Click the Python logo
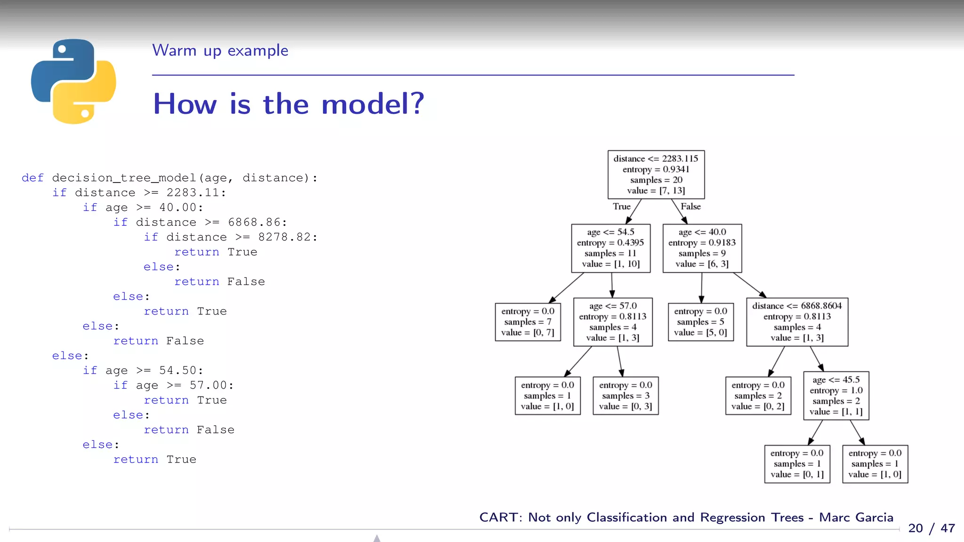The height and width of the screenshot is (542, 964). [73, 81]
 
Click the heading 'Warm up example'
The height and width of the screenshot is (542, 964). [220, 50]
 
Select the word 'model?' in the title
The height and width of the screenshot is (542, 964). [372, 104]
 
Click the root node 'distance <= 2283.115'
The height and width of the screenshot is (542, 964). [656, 175]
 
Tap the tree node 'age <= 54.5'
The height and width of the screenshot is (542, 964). [611, 248]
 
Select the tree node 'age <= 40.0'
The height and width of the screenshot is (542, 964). [702, 248]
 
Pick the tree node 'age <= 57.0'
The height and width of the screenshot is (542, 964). [612, 322]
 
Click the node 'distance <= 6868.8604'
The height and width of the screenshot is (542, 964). [797, 322]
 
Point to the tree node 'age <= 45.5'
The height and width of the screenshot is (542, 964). [836, 396]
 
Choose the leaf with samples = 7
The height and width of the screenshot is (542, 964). [528, 322]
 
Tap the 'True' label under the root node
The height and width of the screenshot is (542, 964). [621, 207]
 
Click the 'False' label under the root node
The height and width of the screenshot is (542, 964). [691, 207]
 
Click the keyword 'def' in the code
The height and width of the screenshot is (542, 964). [32, 178]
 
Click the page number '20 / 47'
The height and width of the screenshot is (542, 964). [931, 528]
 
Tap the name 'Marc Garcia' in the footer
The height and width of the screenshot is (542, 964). [856, 518]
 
